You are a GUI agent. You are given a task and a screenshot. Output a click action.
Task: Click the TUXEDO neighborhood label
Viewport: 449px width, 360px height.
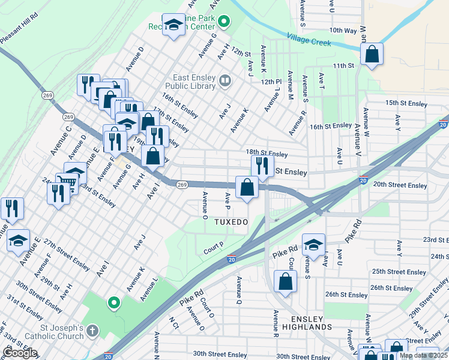[231, 222]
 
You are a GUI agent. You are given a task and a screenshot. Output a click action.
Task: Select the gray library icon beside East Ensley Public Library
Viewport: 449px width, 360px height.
[225, 80]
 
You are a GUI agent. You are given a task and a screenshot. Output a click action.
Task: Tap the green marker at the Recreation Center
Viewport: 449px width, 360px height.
[224, 23]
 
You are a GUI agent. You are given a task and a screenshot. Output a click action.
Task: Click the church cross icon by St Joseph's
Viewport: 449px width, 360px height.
[92, 331]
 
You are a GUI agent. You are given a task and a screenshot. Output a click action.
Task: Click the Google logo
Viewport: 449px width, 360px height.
[20, 353]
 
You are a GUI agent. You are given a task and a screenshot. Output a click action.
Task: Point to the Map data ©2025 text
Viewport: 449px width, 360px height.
[423, 355]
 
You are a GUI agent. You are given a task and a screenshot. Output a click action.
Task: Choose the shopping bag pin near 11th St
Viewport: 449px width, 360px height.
[372, 54]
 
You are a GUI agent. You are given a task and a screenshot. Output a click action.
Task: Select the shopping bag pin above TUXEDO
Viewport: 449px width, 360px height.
[247, 187]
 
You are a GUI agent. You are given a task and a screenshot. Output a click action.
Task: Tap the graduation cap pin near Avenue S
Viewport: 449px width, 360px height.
[313, 244]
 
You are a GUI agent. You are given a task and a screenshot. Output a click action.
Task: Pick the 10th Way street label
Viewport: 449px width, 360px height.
[343, 30]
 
